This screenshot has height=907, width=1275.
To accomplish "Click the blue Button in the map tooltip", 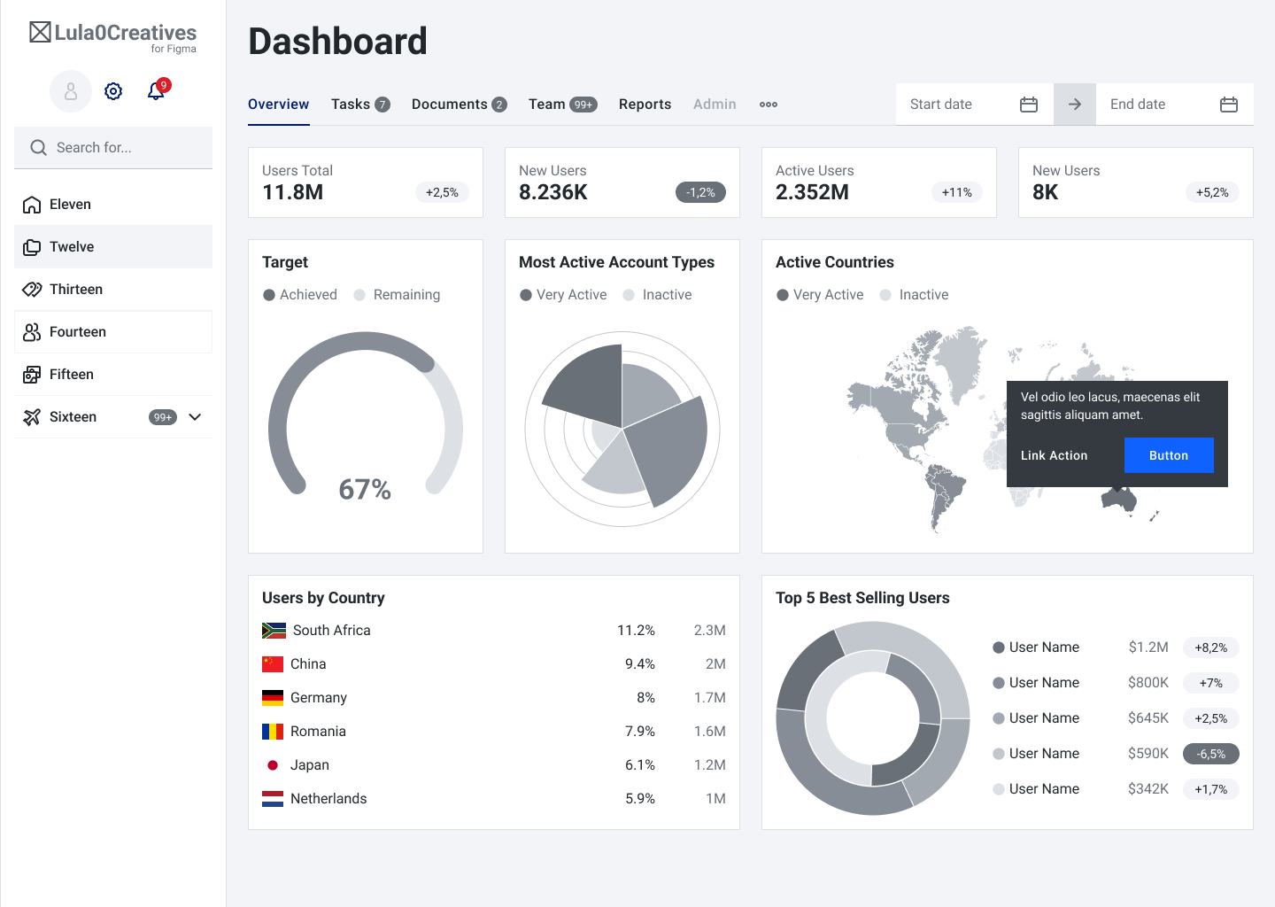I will pos(1168,455).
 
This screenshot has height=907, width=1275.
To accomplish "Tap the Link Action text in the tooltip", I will pos(1054,455).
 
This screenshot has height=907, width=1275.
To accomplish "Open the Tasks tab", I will pos(359,105).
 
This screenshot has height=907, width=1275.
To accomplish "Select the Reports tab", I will pos(645,105).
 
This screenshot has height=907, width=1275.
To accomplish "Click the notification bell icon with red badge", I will pos(157,90).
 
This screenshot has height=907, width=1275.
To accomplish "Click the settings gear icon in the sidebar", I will pos(113,91).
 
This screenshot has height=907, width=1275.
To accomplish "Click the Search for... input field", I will pos(113,148).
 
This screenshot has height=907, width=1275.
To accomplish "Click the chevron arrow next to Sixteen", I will pos(196,417).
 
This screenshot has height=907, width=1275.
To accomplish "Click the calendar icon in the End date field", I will pos(1228,105).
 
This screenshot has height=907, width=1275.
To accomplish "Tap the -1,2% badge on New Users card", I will pos(700,192).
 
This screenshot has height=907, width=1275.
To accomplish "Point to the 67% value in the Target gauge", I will pos(365,489).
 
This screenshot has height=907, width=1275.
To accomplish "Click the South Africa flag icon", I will pos(274,631).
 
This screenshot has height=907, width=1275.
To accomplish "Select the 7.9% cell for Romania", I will pos(639,732).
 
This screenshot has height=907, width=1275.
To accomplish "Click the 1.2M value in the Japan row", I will pos(709,765).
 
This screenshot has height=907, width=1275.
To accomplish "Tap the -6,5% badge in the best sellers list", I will pos(1210,754).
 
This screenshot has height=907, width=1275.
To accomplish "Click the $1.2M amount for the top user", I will pos(1147,647).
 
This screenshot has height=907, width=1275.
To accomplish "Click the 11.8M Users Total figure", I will pos(293,192).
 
